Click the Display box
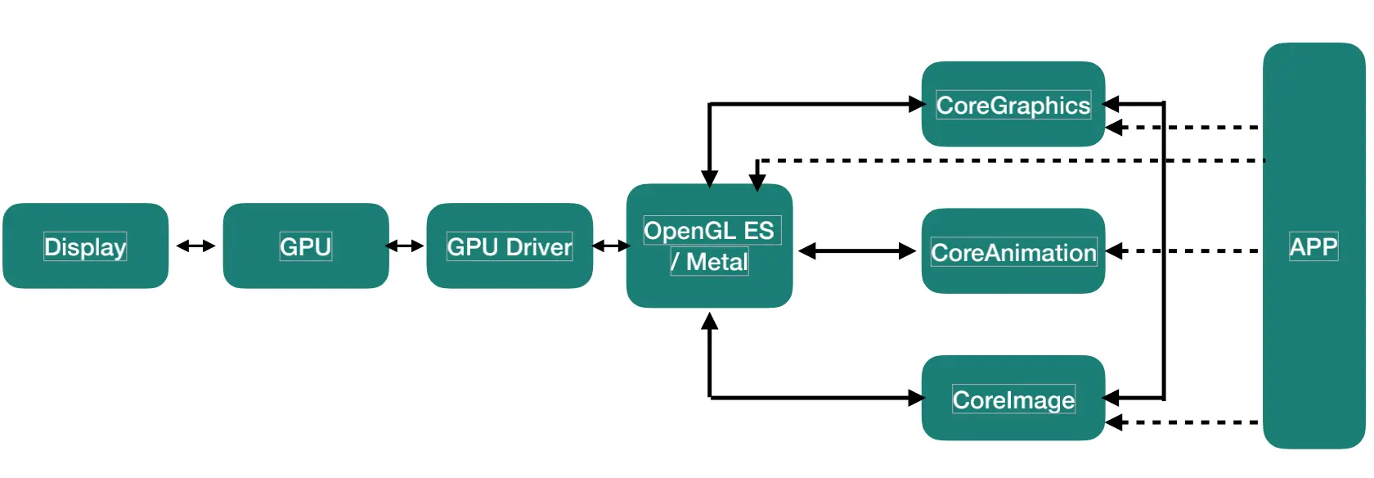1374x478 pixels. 85,246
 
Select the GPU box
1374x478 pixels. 305,246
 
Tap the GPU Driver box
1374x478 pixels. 509,246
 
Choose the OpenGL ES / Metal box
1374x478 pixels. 709,246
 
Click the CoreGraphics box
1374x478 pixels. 1013,105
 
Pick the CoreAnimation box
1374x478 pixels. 1013,252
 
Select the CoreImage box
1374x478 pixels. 1013,399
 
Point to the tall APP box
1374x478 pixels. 1313,246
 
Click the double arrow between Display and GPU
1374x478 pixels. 195,246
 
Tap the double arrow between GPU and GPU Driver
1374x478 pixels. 404,246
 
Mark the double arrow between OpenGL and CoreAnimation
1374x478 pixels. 856,251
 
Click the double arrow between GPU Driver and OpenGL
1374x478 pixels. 610,246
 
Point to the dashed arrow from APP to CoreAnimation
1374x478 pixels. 1186,251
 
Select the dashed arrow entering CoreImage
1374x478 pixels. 1186,422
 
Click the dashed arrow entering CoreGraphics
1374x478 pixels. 1186,128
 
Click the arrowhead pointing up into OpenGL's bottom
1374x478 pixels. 709,321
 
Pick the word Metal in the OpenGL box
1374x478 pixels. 716,262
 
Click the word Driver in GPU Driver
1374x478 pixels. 538,247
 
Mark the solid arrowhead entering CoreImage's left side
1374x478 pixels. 916,399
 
